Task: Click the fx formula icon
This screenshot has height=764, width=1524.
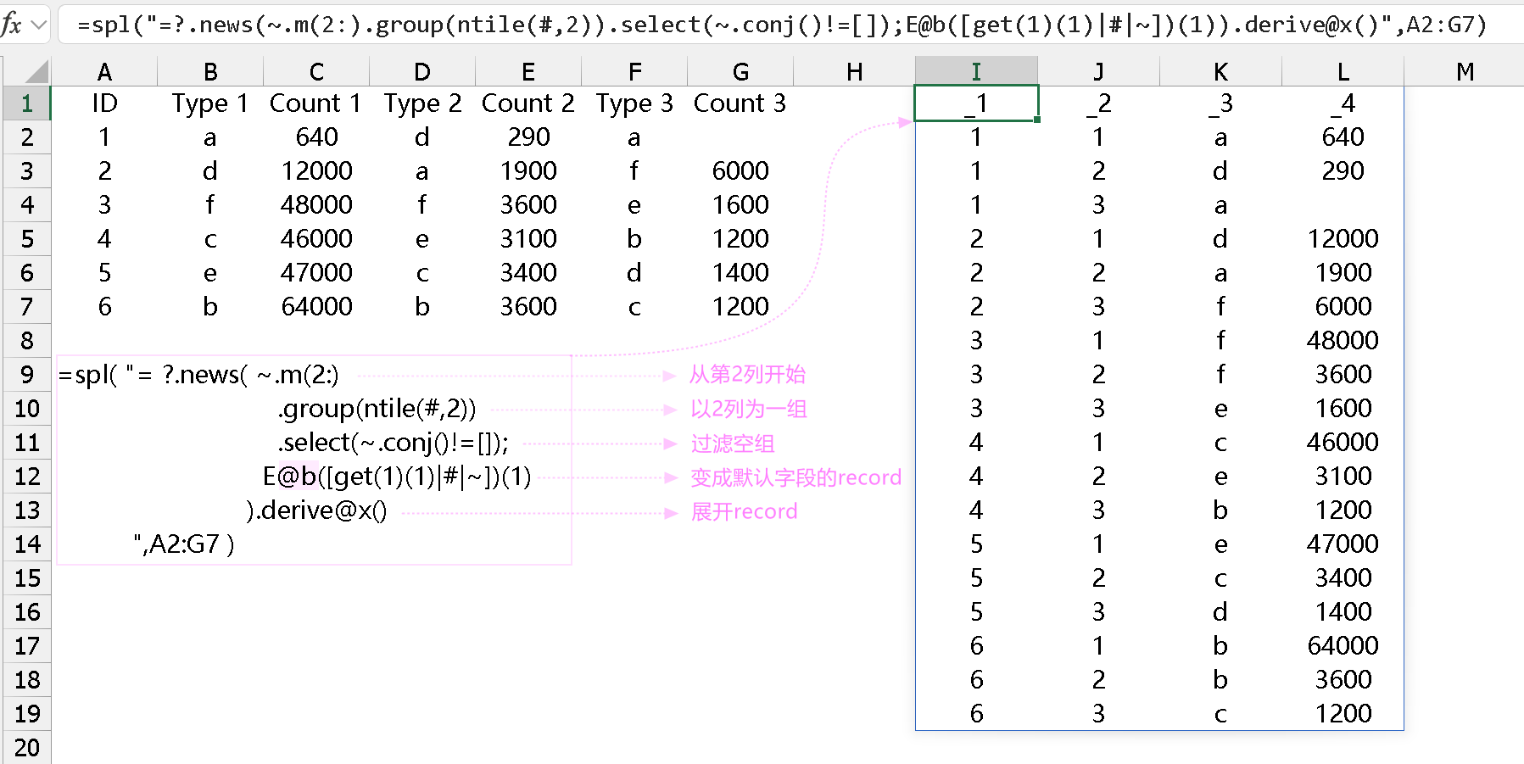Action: pyautogui.click(x=12, y=25)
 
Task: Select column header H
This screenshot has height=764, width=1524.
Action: pyautogui.click(x=854, y=72)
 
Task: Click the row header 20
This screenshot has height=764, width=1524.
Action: pyautogui.click(x=26, y=747)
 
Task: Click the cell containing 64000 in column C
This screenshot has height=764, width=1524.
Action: pyautogui.click(x=316, y=306)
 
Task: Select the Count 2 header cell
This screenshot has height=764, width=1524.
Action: pyautogui.click(x=528, y=103)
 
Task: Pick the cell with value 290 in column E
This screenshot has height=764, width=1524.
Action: pyautogui.click(x=528, y=137)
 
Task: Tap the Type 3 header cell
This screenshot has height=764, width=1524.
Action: pyautogui.click(x=634, y=103)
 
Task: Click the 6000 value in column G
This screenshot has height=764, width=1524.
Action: pyautogui.click(x=740, y=170)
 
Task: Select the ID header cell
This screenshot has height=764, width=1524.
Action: pyautogui.click(x=104, y=103)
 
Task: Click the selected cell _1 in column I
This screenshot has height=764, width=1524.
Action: pyautogui.click(x=976, y=103)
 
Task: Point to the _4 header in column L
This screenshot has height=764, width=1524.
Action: pyautogui.click(x=1343, y=103)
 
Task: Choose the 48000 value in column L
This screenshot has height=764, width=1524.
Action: pyautogui.click(x=1343, y=340)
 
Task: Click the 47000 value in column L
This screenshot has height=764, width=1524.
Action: pyautogui.click(x=1343, y=544)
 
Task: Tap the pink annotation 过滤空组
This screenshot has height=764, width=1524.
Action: pyautogui.click(x=732, y=443)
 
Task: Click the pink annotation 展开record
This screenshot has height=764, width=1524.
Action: pyautogui.click(x=744, y=511)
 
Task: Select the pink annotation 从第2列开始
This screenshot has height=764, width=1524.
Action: pyautogui.click(x=747, y=375)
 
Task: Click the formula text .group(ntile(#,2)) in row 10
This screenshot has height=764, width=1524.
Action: pyautogui.click(x=377, y=409)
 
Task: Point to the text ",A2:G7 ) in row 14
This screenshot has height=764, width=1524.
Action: pyautogui.click(x=183, y=544)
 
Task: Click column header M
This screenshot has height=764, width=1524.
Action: pyautogui.click(x=1465, y=72)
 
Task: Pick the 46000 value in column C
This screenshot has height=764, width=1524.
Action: pyautogui.click(x=316, y=238)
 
